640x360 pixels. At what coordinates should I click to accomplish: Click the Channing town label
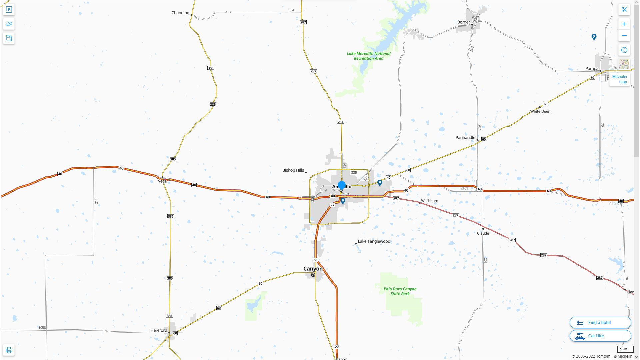coord(180,13)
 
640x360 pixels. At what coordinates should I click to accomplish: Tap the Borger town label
coord(463,22)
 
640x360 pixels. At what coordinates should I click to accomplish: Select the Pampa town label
coord(592,69)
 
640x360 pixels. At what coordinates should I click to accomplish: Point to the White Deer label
coord(540,112)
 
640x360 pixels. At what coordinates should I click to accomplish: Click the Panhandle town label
coord(465,138)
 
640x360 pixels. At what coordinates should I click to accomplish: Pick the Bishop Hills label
coord(293,170)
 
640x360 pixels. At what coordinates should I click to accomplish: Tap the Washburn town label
coord(429,201)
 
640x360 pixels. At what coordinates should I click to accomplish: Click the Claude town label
coord(483,233)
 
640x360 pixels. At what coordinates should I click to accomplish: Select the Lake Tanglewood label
coord(374,241)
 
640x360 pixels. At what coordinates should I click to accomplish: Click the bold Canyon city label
coord(313,269)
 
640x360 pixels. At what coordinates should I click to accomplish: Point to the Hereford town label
coord(159,330)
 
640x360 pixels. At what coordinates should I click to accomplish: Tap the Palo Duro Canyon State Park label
coord(400,291)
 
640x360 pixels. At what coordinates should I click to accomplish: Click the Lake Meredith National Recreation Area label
coord(368,56)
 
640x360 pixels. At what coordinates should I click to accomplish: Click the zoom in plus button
coord(624,24)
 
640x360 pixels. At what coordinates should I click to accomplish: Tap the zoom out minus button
coord(624,36)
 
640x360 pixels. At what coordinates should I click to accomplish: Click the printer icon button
coord(9,350)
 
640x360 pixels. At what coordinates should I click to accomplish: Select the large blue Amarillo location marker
coord(341,186)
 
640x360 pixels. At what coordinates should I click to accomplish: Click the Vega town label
coord(162,181)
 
